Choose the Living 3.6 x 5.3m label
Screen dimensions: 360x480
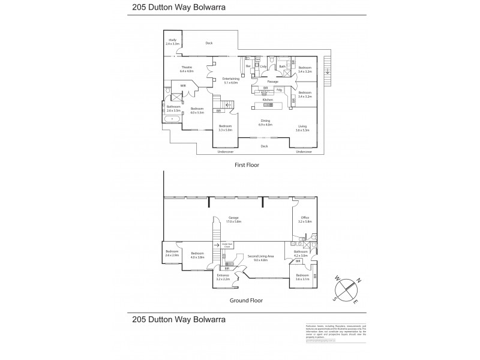point(302,128)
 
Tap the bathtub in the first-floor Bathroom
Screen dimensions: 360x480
point(173,119)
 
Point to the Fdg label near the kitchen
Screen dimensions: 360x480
point(280,90)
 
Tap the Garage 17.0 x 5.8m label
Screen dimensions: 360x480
point(233,220)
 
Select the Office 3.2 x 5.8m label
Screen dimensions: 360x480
point(305,219)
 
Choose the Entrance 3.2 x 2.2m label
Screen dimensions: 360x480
point(224,277)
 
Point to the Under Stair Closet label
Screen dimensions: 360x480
point(227,245)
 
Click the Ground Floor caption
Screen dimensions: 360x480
point(247,299)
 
